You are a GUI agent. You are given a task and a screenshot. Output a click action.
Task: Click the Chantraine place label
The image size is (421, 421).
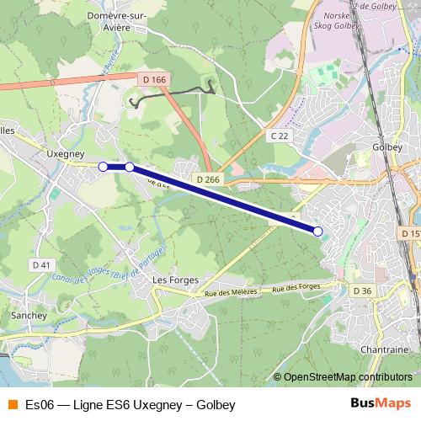pos(384,349)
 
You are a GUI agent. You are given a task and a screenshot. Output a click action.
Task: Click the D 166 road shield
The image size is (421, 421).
pos(152,79)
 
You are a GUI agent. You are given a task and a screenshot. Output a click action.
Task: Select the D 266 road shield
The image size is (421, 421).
pos(207,179)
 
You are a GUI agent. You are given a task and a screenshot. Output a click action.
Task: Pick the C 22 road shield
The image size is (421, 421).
pos(280,135)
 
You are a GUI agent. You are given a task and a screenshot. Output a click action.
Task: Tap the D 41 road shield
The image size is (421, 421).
pos(40,264)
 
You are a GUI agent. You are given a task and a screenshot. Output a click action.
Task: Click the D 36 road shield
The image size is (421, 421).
pos(362,290)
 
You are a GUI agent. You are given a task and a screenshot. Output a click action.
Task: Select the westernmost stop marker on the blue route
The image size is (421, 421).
pos(103,167)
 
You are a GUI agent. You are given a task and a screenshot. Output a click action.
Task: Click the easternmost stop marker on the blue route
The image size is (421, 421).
pos(317,231)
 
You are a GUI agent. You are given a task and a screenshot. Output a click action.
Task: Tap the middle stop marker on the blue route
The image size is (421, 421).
pos(129,167)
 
